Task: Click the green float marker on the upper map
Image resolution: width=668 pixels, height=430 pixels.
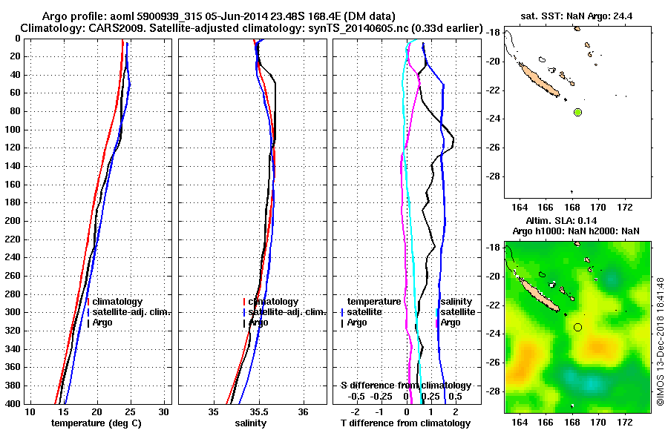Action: point(577,112)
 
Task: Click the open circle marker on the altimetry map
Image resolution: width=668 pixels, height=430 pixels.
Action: point(577,327)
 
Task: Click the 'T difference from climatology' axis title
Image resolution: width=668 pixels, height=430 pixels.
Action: point(405,423)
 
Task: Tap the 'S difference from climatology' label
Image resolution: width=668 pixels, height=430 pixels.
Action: point(405,386)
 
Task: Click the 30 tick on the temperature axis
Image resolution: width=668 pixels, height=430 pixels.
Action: point(164,411)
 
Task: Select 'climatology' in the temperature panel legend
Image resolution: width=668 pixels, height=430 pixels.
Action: point(119,302)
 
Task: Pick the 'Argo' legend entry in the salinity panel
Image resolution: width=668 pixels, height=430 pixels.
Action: point(258,322)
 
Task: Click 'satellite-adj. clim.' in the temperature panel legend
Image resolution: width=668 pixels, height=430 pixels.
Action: point(132,312)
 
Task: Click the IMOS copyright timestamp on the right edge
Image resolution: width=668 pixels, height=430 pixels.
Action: point(660,341)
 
